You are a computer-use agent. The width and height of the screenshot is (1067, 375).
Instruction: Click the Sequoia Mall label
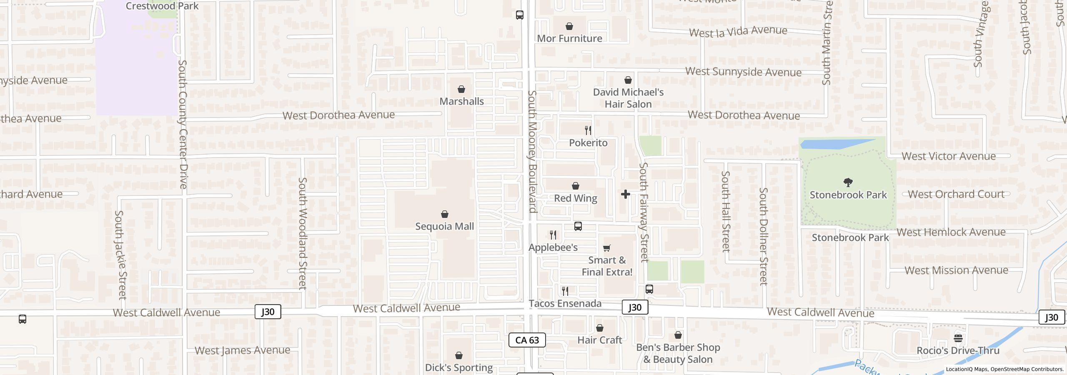pyautogui.click(x=444, y=226)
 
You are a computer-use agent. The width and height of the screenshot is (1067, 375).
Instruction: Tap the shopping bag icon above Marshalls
pyautogui.click(x=461, y=89)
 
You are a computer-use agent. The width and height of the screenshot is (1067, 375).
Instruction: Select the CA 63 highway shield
pyautogui.click(x=527, y=340)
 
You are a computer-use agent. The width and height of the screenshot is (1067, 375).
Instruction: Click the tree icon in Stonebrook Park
pyautogui.click(x=848, y=182)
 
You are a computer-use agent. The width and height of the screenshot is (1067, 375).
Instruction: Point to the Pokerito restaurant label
pyautogui.click(x=588, y=143)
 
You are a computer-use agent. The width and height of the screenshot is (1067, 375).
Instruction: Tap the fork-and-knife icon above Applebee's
pyautogui.click(x=553, y=235)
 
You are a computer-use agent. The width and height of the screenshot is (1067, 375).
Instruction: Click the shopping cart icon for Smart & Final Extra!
pyautogui.click(x=607, y=248)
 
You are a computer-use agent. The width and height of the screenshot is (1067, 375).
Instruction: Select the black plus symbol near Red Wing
pyautogui.click(x=625, y=194)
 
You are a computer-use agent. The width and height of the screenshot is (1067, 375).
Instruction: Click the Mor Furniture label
pyautogui.click(x=569, y=38)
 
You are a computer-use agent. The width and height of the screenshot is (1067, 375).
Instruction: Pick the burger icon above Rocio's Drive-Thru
pyautogui.click(x=958, y=338)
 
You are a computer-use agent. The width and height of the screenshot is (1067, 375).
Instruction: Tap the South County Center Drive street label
pyautogui.click(x=183, y=124)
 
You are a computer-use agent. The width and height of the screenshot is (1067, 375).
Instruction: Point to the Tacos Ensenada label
pyautogui.click(x=565, y=303)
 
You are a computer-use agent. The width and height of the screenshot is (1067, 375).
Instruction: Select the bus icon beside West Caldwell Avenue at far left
pyautogui.click(x=23, y=319)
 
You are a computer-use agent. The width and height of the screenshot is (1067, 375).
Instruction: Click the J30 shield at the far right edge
pyautogui.click(x=1051, y=317)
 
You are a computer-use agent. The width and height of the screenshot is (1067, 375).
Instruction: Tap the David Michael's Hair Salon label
pyautogui.click(x=628, y=98)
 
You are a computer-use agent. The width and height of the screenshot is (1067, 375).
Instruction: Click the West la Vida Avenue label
pyautogui.click(x=738, y=31)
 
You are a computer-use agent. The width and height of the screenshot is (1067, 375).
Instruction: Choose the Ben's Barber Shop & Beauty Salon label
pyautogui.click(x=678, y=353)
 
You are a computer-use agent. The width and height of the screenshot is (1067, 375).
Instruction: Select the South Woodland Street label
pyautogui.click(x=303, y=233)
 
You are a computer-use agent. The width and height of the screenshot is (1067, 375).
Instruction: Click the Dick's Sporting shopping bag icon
pyautogui.click(x=459, y=355)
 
